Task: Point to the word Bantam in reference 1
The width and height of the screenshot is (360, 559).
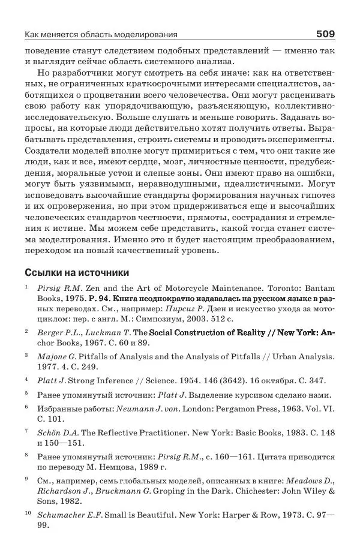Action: pyautogui.click(x=317, y=288)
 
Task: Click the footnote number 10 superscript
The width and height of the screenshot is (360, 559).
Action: pyautogui.click(x=28, y=513)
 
